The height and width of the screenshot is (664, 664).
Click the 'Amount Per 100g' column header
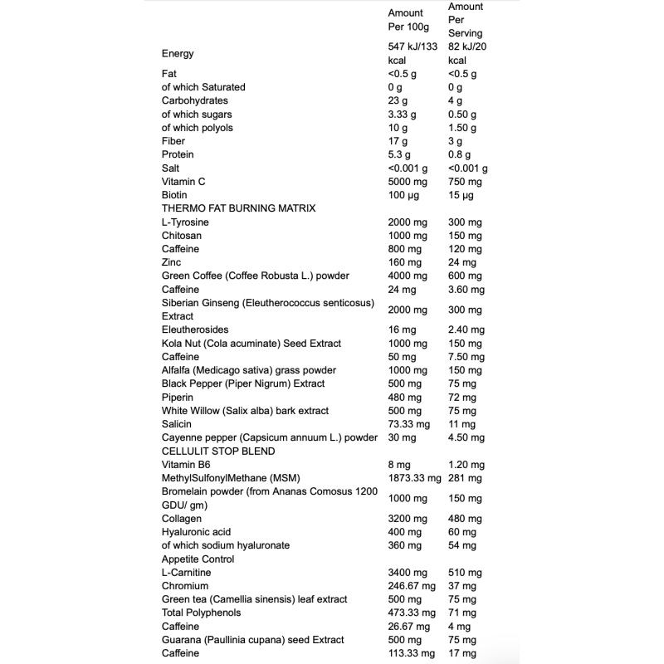click(406, 20)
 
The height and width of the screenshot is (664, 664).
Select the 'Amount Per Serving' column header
click(465, 20)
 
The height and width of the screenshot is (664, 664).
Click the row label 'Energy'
click(178, 54)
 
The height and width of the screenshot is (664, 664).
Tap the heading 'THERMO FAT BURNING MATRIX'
click(238, 208)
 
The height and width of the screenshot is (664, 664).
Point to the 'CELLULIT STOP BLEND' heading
click(218, 451)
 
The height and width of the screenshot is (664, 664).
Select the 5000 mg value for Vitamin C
click(407, 182)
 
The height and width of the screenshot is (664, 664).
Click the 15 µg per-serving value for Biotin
click(460, 195)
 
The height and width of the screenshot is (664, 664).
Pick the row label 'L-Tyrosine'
click(185, 222)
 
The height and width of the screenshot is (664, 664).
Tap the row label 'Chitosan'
click(181, 236)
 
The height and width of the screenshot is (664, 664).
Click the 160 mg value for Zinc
click(404, 262)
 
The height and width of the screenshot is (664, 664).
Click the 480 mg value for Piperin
click(404, 397)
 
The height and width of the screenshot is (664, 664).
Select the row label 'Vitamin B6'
click(186, 464)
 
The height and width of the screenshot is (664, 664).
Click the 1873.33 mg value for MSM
click(413, 478)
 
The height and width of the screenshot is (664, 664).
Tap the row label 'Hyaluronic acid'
click(196, 531)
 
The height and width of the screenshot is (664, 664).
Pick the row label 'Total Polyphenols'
click(201, 613)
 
